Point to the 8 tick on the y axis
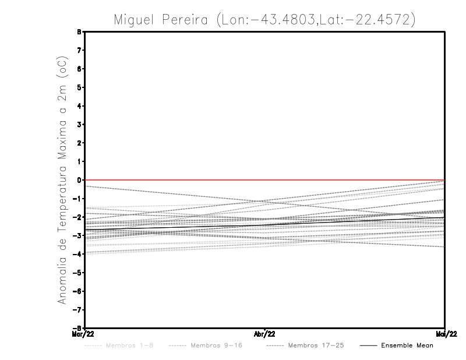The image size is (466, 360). click(x=79, y=32)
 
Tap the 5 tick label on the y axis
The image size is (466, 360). click(x=79, y=87)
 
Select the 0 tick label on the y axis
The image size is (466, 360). click(x=79, y=180)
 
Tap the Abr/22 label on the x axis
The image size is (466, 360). click(x=265, y=334)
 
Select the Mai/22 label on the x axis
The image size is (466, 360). click(x=445, y=334)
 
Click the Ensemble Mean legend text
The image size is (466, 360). click(x=407, y=345)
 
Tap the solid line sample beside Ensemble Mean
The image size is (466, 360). click(x=368, y=345)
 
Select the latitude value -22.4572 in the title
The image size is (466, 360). click(x=380, y=20)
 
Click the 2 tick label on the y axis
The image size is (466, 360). click(x=79, y=143)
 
